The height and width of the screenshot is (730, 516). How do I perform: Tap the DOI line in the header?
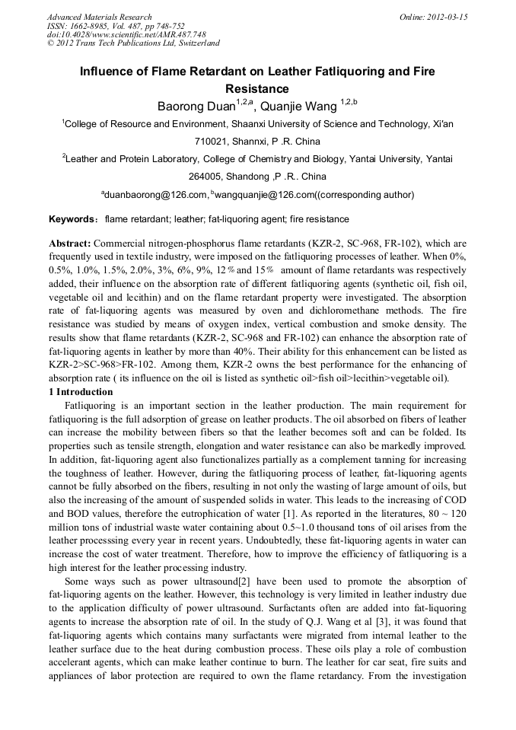[126, 34]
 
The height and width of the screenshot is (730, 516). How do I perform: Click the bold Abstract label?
[69, 243]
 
